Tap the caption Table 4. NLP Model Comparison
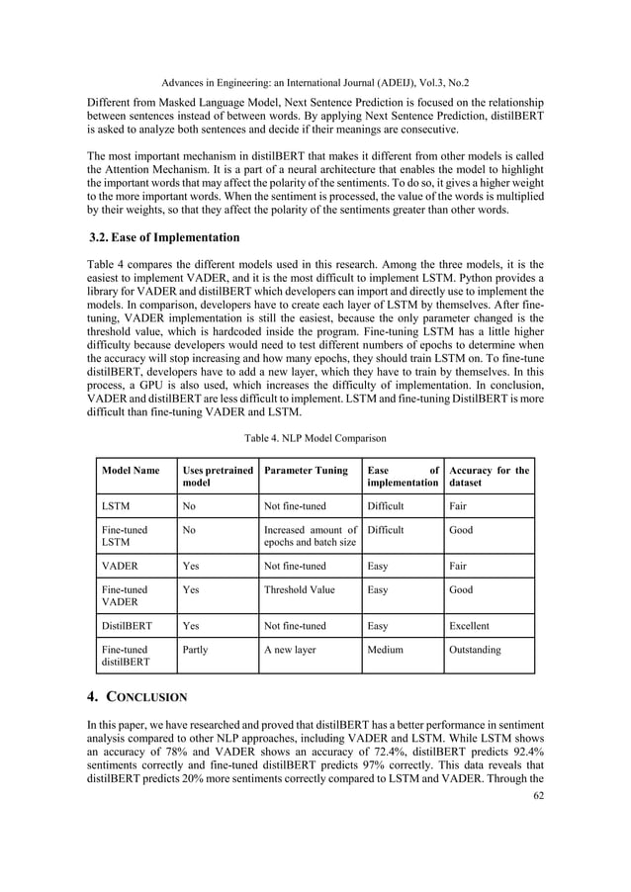[315, 436]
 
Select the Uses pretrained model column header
[217, 477]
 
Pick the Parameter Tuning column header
[306, 471]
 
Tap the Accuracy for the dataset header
[489, 477]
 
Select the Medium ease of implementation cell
[387, 651]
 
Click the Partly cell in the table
[197, 651]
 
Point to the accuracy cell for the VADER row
[461, 566]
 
